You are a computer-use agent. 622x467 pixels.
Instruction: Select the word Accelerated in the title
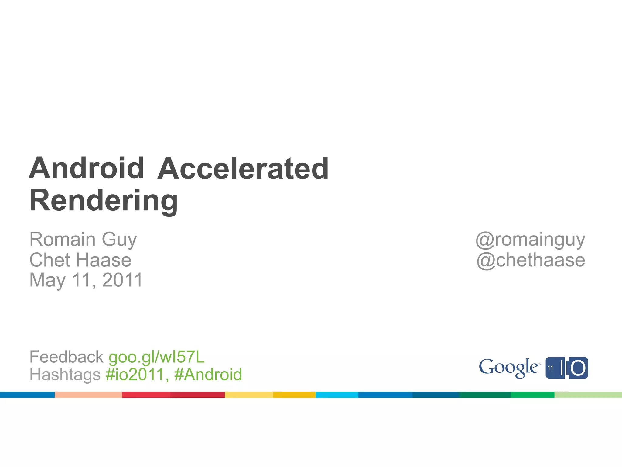click(243, 169)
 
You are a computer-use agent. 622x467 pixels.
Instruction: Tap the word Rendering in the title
click(104, 201)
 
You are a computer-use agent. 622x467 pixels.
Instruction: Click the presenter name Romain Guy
click(83, 239)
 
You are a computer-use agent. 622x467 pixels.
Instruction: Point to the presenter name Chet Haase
click(80, 260)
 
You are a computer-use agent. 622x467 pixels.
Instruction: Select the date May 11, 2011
click(86, 280)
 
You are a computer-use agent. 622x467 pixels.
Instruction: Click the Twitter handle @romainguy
click(530, 240)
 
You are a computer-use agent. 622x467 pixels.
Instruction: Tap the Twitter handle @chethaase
click(531, 260)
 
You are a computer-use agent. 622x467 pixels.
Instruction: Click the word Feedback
click(67, 357)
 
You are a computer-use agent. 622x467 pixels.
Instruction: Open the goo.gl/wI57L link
click(157, 357)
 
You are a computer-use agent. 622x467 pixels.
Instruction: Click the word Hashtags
click(65, 374)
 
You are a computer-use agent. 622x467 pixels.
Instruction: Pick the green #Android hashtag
click(208, 374)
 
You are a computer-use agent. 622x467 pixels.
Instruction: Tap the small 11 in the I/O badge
click(550, 368)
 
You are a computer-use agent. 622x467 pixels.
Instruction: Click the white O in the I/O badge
click(578, 368)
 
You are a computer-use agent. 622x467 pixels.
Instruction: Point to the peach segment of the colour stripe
click(88, 395)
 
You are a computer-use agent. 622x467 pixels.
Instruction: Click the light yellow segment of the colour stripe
click(249, 395)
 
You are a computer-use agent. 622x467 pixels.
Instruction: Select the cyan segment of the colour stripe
click(337, 395)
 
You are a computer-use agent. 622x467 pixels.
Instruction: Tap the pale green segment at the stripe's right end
click(588, 395)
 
